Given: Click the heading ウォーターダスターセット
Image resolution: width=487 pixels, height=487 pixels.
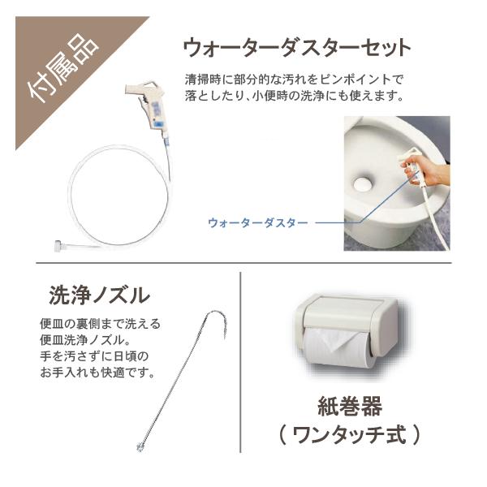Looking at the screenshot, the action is [x=297, y=48].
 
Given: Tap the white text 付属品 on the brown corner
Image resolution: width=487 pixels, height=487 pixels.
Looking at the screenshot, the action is [x=63, y=67].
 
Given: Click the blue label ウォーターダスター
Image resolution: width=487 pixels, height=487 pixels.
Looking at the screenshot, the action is [x=258, y=222].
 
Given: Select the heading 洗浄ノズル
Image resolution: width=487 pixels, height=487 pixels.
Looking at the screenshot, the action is [x=99, y=295].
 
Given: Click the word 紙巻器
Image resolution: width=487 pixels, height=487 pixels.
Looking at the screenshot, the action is [x=350, y=407].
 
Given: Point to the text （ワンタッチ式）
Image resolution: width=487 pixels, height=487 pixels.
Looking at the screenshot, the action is [x=350, y=435].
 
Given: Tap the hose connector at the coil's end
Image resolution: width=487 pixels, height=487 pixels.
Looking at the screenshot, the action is [x=61, y=245].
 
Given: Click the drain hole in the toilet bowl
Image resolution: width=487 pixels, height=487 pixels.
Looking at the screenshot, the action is [x=362, y=185].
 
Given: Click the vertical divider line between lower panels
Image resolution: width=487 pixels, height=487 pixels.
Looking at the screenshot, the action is [x=240, y=363].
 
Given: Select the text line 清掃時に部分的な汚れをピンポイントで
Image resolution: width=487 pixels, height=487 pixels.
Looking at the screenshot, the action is [x=294, y=80].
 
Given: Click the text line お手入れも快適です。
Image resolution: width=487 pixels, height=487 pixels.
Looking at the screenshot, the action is [x=97, y=372].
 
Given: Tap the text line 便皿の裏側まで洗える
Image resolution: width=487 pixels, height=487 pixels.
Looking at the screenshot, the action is [x=100, y=324].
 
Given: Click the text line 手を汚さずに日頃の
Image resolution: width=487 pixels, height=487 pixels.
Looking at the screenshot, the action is [x=94, y=356].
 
